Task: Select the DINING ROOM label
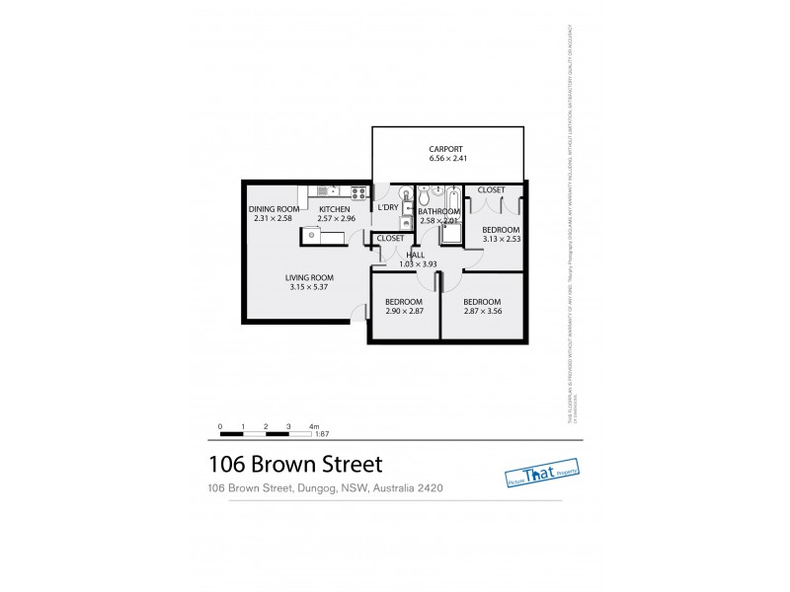point(274,209)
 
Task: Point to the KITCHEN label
point(334,209)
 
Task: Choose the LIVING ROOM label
point(310,277)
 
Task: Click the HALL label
point(402,255)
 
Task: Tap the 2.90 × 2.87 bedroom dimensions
point(404,312)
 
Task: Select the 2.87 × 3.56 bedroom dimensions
point(483,312)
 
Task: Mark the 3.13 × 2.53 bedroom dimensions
point(501,239)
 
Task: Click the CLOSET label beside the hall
point(390,239)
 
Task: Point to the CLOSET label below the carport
point(491,189)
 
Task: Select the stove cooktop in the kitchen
point(358,193)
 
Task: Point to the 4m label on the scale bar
point(313,425)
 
